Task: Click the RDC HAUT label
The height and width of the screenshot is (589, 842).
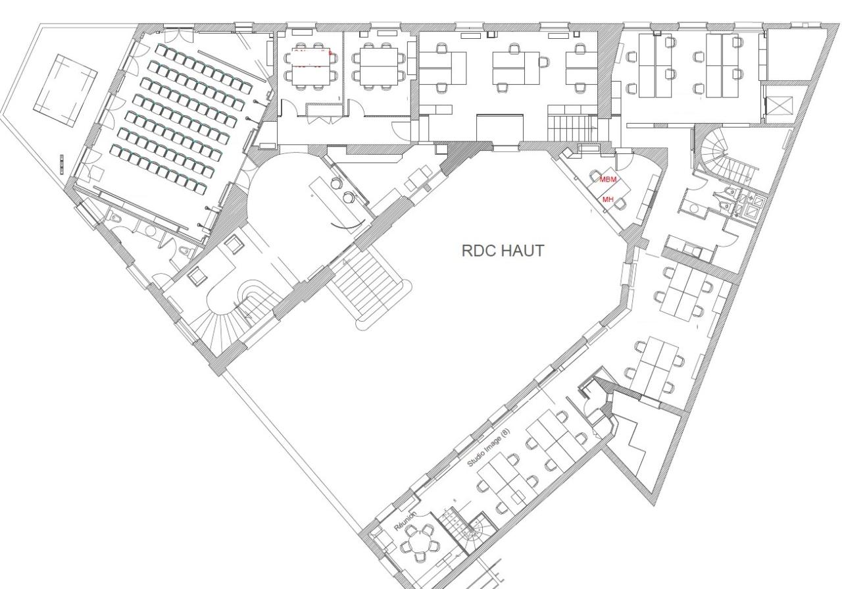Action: [503, 251]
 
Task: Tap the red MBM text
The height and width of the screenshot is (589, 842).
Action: [608, 180]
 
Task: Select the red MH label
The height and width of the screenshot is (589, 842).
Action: [608, 199]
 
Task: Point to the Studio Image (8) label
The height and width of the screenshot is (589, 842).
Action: [488, 448]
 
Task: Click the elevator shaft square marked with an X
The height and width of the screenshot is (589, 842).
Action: [778, 105]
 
